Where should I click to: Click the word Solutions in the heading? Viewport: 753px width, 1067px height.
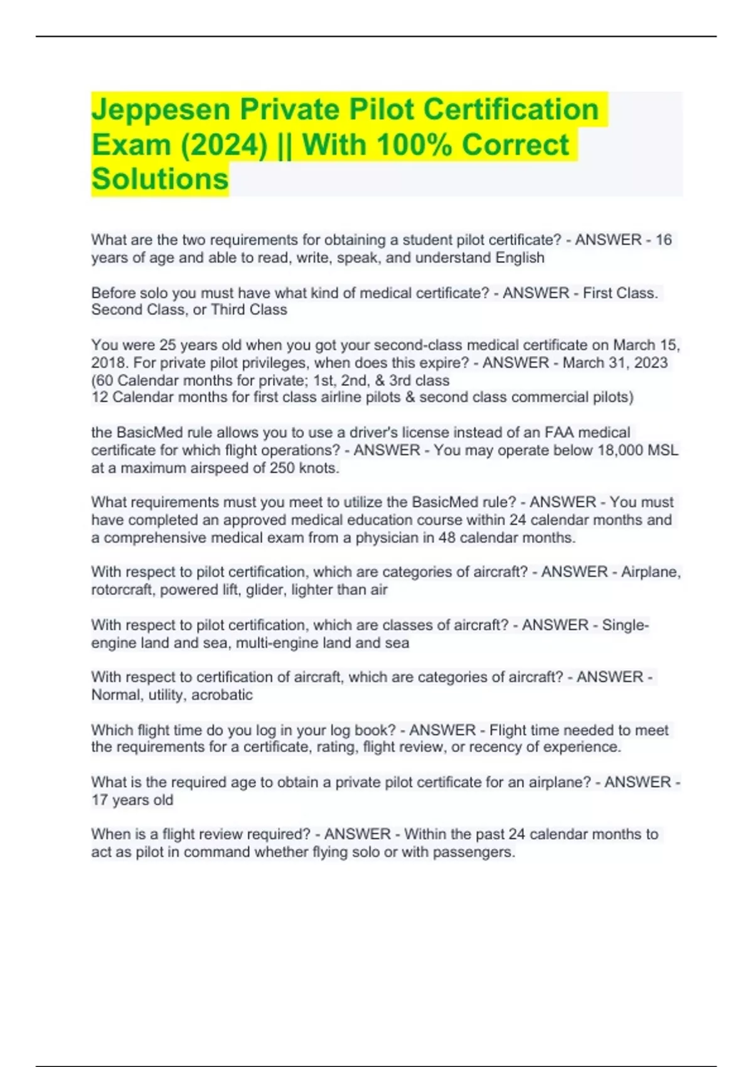(x=160, y=180)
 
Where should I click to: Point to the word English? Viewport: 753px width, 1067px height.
(x=520, y=258)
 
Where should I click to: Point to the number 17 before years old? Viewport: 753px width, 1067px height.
(x=99, y=800)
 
